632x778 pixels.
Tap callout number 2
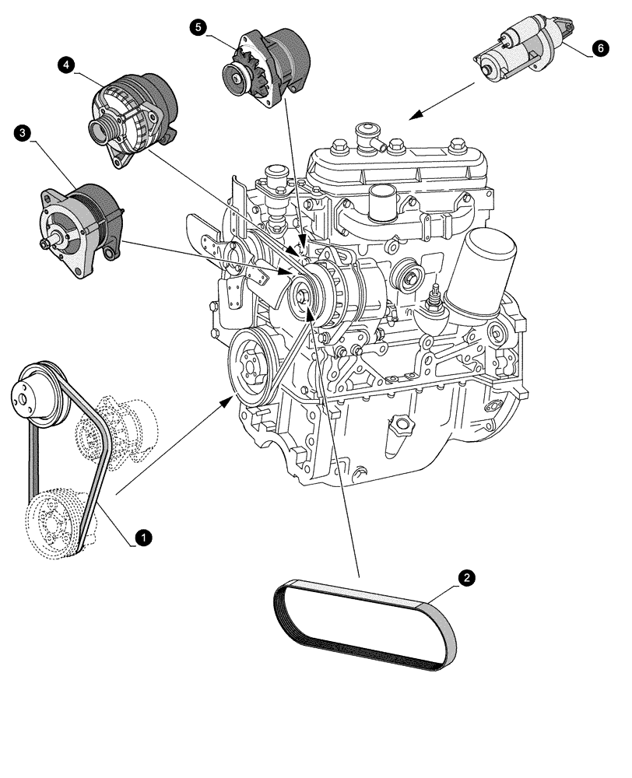pos(465,578)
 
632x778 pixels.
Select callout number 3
pos(23,134)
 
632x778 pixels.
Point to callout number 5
pos(198,27)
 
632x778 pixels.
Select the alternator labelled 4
pos(132,117)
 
